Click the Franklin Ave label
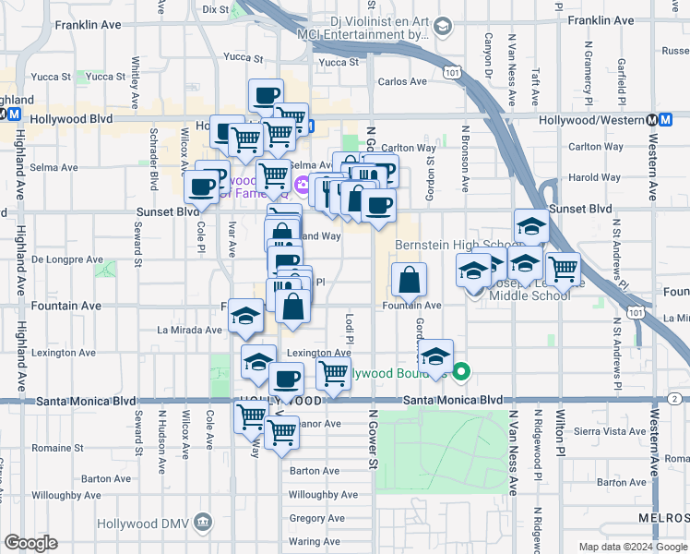(601, 19)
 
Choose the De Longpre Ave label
(67, 259)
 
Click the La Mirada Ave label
(189, 329)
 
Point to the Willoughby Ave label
(323, 495)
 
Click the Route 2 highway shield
(675, 398)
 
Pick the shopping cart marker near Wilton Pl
(562, 269)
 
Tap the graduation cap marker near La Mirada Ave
(244, 317)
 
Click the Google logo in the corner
(30, 543)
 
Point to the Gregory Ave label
(316, 518)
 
